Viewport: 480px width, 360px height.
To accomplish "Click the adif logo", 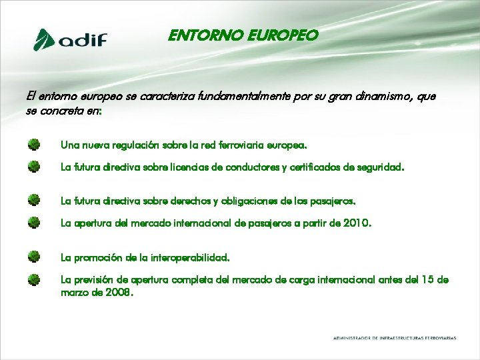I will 71,39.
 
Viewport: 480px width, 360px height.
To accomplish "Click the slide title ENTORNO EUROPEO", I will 243,35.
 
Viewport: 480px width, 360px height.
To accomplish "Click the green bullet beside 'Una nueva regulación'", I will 34,144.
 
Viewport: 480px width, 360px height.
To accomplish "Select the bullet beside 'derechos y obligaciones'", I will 34,199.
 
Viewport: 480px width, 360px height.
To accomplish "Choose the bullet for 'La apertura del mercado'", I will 34,223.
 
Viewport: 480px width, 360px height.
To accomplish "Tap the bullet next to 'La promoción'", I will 34,256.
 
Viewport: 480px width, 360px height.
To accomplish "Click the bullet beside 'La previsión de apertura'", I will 34,279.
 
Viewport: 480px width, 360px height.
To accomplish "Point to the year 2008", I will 119,292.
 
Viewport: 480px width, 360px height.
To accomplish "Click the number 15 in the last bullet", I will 431,280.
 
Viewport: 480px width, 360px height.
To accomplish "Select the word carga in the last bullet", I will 287,280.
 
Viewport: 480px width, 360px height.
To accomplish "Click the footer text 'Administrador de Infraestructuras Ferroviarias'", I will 395,338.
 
